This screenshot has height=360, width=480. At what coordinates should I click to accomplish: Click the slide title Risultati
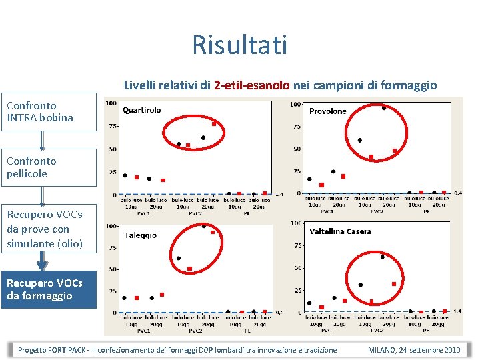coord(239,45)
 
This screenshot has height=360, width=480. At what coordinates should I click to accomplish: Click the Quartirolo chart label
coord(141,110)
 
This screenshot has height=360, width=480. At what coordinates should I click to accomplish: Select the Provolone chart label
coord(327,111)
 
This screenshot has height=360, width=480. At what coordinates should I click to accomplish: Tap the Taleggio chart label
coord(141,235)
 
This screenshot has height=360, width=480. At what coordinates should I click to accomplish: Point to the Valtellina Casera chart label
coord(340,231)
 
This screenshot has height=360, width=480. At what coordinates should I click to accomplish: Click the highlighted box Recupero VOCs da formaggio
coord(48,289)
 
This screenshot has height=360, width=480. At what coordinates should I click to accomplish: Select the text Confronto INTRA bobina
coord(40,112)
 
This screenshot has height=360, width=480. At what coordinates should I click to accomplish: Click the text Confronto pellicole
coord(31,167)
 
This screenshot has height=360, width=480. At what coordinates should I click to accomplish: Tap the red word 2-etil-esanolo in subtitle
coord(252,85)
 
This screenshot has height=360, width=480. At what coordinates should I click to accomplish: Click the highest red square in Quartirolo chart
coord(214,124)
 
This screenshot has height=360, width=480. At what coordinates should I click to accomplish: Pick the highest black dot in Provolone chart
coord(384,108)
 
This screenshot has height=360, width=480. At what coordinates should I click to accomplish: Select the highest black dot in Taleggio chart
coord(203,226)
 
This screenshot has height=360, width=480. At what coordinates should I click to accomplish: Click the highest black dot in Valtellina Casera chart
coord(382,257)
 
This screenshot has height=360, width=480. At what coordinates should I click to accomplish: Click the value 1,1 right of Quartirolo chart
coord(279,195)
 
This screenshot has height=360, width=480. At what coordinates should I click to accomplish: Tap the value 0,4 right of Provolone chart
coord(457,193)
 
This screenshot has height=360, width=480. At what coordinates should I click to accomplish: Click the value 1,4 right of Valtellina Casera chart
coord(457,311)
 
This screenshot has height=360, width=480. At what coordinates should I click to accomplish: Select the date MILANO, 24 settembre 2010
coord(413,350)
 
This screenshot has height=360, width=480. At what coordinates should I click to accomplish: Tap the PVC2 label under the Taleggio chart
coord(195,331)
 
